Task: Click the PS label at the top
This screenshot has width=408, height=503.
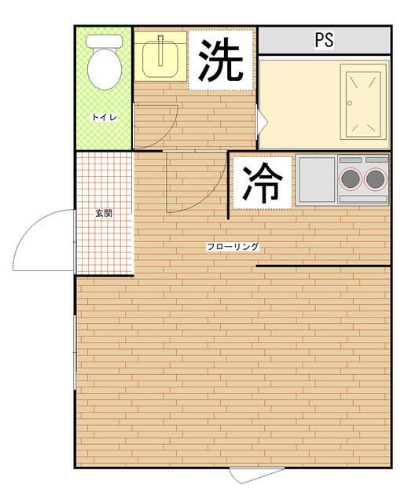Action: coord(324,40)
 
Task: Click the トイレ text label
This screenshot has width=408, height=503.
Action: coord(104,117)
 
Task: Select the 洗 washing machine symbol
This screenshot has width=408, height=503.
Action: coord(220,61)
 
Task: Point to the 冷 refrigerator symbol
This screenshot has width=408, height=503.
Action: coord(262,182)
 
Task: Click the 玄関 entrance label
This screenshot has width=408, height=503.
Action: coord(103,213)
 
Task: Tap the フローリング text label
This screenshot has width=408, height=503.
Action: coord(233,247)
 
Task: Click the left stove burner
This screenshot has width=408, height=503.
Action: coord(351,178)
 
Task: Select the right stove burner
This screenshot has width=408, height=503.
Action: coord(376,178)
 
